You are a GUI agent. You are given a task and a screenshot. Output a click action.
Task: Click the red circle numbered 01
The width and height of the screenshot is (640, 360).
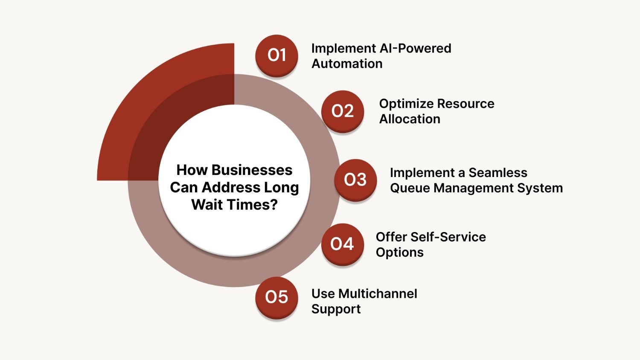[276, 55]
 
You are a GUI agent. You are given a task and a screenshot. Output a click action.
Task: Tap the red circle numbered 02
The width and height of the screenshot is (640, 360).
[343, 111]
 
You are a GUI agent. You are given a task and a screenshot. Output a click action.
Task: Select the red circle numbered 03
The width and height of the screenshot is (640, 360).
[355, 180]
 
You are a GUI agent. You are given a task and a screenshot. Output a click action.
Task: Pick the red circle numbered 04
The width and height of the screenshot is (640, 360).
[342, 244]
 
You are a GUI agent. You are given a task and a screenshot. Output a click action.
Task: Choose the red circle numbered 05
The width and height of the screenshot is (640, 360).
[276, 297]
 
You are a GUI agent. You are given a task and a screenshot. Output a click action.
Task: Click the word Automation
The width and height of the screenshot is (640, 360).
[347, 64]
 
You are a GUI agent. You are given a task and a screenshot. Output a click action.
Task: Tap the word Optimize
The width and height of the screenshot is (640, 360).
[406, 104]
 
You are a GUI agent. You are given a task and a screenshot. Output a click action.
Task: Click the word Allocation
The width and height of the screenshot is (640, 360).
[410, 119]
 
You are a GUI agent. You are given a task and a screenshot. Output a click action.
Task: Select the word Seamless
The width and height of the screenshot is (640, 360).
[497, 173]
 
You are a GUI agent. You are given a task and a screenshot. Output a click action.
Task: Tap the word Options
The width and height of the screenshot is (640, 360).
[399, 253]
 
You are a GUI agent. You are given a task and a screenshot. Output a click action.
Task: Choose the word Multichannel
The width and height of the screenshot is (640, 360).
[378, 293]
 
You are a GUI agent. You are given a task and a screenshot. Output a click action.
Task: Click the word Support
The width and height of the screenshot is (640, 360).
[336, 309]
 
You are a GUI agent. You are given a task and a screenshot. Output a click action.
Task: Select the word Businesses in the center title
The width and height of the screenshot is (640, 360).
[252, 170]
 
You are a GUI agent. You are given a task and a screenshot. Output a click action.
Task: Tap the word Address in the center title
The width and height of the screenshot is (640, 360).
[231, 187]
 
